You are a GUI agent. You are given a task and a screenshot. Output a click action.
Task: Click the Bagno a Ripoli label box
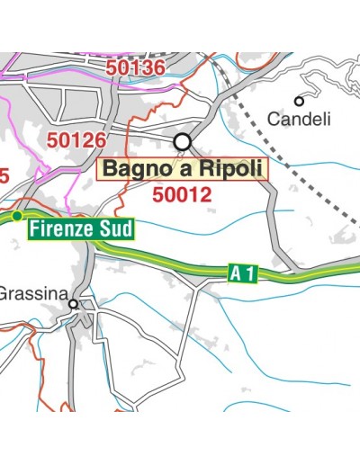point(183,169)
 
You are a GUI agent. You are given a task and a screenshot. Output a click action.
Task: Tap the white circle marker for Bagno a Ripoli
point(184,141)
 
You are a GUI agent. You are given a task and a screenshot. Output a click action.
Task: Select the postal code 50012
point(182,194)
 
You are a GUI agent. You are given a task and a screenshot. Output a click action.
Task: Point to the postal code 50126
point(76,140)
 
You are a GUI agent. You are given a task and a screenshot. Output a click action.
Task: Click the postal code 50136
point(135,67)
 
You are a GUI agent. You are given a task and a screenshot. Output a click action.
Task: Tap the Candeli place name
point(300,118)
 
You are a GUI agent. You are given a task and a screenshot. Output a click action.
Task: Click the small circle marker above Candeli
point(299,101)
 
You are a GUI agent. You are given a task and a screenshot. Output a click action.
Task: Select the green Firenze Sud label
point(80,228)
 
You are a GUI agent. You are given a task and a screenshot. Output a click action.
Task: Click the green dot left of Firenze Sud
point(17,216)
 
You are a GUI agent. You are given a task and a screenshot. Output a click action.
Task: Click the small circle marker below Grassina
point(74,305)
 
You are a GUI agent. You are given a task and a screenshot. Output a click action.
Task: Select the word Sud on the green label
point(114,228)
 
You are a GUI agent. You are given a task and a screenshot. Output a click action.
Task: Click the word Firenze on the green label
point(63,228)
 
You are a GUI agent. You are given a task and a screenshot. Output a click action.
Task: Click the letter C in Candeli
point(274,118)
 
